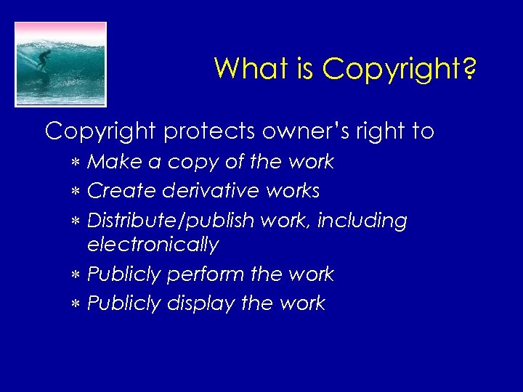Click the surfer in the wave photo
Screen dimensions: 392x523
pos(44,60)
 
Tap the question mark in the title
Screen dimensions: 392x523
pos(469,70)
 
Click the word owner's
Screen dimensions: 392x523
pos(312,131)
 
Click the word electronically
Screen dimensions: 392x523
pos(153,245)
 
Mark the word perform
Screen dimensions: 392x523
pos(206,274)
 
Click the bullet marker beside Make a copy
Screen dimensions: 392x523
pos(76,163)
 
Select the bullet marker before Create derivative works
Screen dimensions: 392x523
pos(76,192)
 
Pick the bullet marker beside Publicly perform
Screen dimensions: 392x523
pos(76,275)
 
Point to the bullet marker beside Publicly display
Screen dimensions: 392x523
pos(76,303)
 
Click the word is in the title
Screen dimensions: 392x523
pos(304,68)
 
